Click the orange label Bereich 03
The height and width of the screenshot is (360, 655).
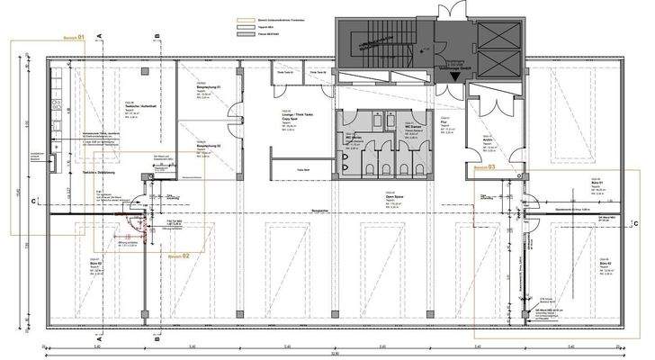[486, 167]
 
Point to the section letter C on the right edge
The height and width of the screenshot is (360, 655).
[635, 223]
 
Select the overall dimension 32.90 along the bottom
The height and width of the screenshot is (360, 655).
[335, 355]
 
